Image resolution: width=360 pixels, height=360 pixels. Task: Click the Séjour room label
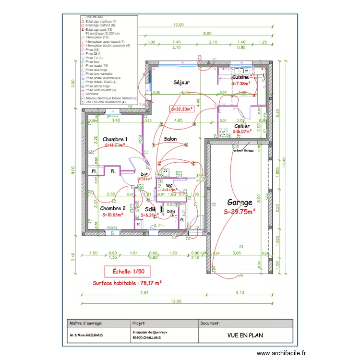181,83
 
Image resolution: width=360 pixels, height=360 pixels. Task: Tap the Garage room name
240,203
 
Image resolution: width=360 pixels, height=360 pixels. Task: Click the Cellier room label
242,126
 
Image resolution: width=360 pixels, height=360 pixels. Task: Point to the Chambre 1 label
115,138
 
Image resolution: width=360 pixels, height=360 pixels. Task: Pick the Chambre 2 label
113,208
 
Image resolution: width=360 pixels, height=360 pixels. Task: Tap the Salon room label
170,139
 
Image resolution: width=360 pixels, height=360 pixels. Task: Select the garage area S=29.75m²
240,211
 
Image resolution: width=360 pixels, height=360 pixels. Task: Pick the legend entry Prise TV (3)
94,58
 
